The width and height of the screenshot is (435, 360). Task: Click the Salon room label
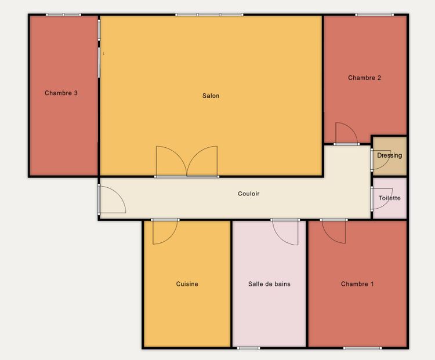211,96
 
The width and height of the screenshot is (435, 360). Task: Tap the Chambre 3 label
61,93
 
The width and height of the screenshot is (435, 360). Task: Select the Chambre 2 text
365,78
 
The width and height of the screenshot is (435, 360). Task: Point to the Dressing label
390,155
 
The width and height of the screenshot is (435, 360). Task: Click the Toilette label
390,198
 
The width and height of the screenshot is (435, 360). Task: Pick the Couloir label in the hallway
249,194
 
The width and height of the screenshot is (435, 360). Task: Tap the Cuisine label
187,284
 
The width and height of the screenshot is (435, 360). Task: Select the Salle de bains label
269,284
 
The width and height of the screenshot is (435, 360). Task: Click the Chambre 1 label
357,284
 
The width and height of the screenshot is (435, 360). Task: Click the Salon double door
187,162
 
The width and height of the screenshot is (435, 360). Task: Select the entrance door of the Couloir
112,199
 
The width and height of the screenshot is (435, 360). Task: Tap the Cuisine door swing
165,231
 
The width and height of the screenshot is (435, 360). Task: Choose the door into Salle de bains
285,232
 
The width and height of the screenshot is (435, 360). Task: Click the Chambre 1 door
333,231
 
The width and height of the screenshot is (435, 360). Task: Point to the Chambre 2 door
346,134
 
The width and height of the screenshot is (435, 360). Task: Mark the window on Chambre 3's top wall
64,14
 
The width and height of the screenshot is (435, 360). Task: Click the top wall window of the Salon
209,14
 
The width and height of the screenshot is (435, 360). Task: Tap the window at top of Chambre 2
375,14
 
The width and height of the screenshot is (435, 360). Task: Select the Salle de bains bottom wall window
249,348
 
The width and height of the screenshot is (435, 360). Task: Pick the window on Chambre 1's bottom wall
362,348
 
